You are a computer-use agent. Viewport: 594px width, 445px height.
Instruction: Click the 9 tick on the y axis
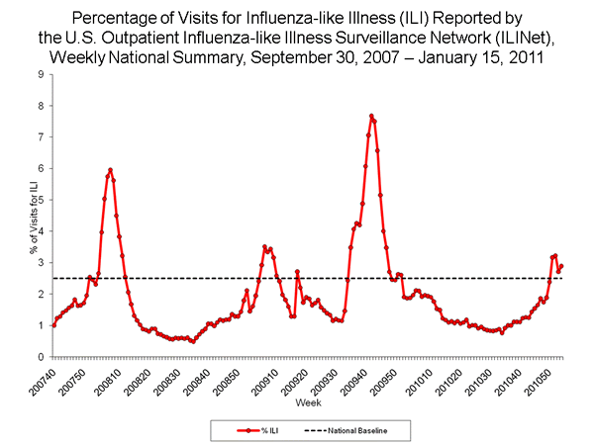[40, 74]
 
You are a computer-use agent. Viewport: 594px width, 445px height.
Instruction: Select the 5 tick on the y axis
[40, 200]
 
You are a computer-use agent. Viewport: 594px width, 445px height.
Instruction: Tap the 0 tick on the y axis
[40, 357]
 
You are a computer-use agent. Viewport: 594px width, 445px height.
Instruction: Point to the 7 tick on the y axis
[40, 136]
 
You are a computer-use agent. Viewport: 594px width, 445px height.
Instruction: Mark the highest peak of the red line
[371, 116]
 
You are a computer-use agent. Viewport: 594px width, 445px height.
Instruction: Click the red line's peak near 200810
[110, 170]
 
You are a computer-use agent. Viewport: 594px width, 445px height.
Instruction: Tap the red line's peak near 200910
[264, 246]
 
